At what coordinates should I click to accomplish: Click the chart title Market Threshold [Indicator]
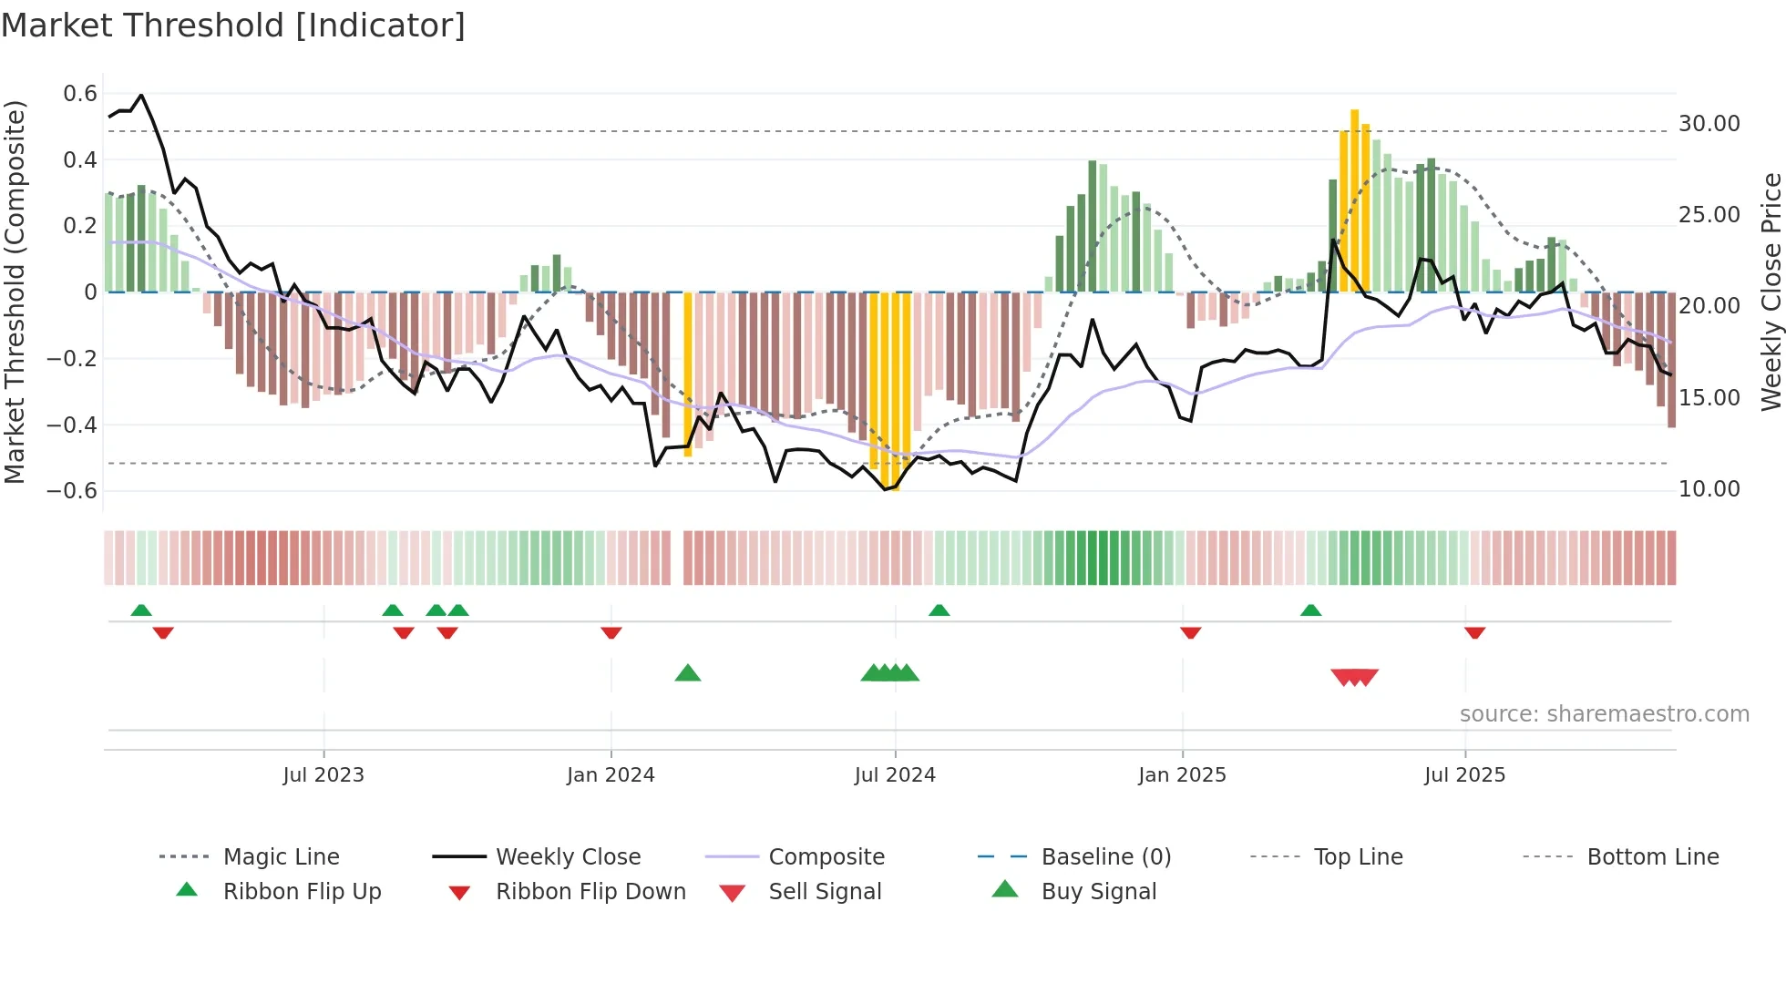point(233,26)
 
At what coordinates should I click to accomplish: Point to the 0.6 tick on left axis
point(80,94)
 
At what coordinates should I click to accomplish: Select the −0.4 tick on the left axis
point(72,425)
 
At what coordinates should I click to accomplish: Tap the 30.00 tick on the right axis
point(1709,124)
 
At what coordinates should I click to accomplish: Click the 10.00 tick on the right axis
point(1709,489)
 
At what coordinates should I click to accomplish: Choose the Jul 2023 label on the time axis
point(323,775)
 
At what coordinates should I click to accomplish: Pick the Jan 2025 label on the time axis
point(1182,775)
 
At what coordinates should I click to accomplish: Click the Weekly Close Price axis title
point(1770,292)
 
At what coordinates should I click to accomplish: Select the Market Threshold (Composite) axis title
point(15,292)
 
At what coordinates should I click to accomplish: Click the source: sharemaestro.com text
point(1604,714)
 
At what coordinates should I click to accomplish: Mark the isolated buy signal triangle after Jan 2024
point(688,673)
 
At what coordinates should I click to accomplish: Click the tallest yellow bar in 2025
point(1354,200)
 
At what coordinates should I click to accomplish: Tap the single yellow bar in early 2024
point(688,374)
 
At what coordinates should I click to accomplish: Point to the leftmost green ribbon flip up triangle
point(141,610)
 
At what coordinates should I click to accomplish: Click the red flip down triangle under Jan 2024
point(611,632)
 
